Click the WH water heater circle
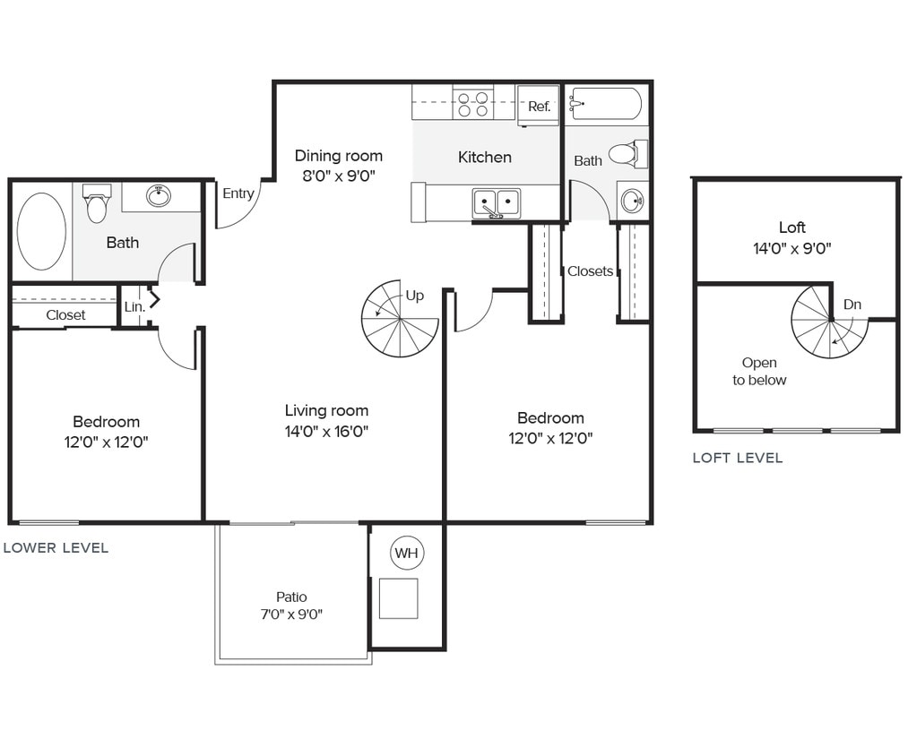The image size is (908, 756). coord(407,554)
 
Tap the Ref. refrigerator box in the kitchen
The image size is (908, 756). coord(539,106)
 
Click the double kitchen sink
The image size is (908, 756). coord(497,202)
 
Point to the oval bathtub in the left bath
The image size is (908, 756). coord(41,231)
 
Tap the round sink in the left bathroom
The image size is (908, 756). coord(160,195)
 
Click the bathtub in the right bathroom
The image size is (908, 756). coord(606,104)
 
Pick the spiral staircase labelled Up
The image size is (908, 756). coord(399,319)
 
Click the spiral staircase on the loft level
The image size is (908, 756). coord(829,321)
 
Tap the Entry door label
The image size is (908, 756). coord(238,193)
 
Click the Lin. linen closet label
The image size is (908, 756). coord(134,306)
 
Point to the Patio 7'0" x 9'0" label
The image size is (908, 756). coord(291,606)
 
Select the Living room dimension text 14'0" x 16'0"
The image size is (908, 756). coord(327,431)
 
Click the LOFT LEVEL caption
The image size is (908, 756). coord(737,458)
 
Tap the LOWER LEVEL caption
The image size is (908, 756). coord(56,547)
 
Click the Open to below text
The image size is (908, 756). coord(759,372)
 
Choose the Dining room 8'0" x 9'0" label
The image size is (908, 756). coord(339,166)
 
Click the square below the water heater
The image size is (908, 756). coord(398,598)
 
